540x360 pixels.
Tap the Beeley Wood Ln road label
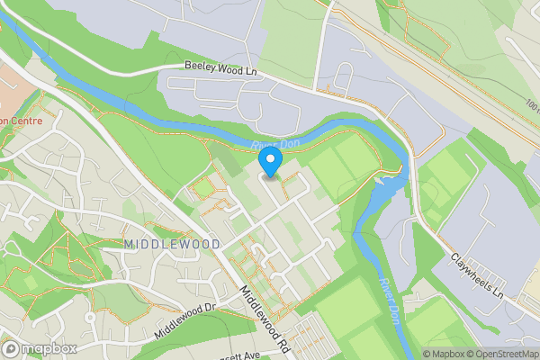coord(220,67)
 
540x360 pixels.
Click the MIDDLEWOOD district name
coord(161,245)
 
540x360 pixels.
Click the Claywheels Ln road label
coord(475,274)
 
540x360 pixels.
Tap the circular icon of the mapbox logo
coord(11,348)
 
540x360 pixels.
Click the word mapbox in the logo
coord(49,348)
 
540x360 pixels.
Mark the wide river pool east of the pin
coord(382,189)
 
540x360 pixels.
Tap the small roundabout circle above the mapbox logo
coord(90,318)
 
